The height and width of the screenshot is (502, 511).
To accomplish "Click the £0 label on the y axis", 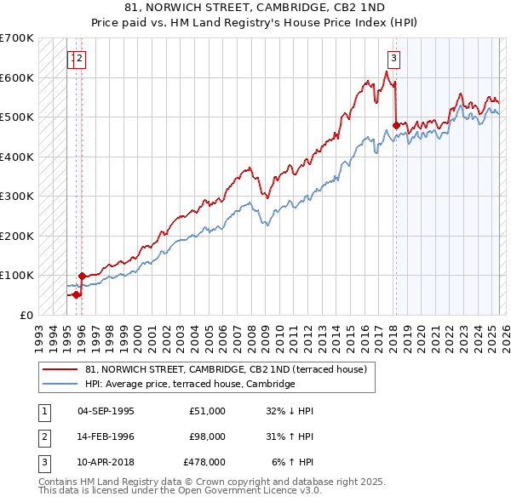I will [26, 315].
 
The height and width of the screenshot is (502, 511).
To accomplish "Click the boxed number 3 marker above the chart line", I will [394, 59].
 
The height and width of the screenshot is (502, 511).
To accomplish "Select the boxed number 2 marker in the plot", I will [80, 59].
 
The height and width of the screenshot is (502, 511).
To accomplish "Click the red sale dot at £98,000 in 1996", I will [82, 276].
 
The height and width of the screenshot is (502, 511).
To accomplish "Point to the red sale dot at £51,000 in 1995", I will [76, 294].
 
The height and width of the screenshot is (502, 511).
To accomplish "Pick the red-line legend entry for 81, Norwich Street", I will [226, 369].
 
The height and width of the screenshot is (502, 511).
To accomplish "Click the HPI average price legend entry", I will [189, 385].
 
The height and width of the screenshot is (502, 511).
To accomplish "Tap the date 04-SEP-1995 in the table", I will [106, 411].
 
